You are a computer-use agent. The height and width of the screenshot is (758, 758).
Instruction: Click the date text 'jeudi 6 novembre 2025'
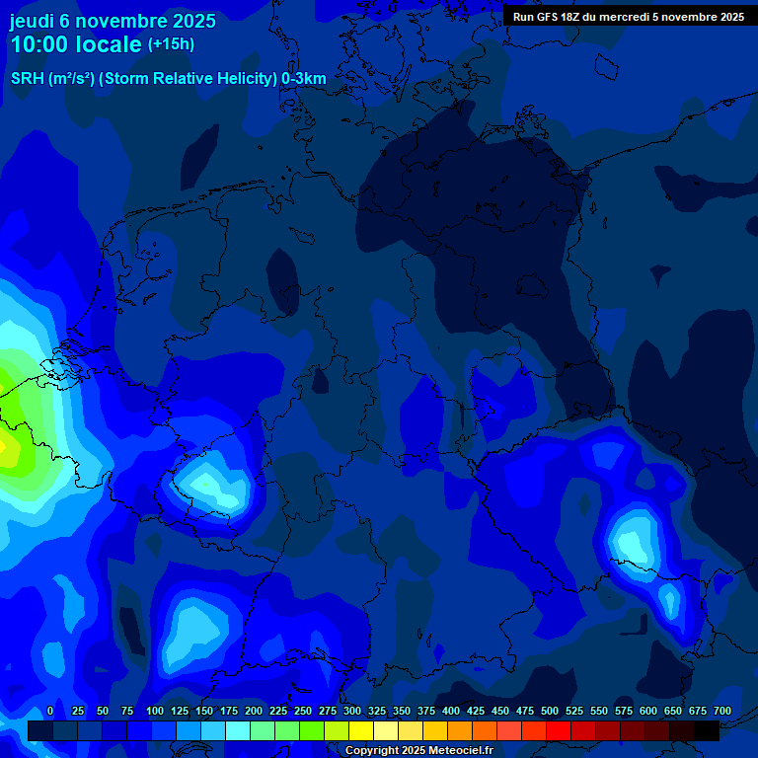tap(113, 21)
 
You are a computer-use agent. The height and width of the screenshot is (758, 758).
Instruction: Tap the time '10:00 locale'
tap(76, 44)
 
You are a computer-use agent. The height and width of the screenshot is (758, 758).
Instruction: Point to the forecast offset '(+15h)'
tap(171, 44)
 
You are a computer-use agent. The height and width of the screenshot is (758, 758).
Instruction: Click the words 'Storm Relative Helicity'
tap(189, 79)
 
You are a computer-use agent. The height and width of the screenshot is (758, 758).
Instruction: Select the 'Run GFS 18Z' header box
tap(629, 16)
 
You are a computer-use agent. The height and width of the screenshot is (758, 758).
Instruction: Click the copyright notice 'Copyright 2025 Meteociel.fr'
tap(418, 750)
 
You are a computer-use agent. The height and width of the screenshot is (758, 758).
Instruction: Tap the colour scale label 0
tap(50, 711)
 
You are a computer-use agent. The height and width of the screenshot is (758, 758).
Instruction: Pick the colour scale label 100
tap(155, 711)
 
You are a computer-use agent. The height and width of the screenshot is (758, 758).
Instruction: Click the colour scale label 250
tap(303, 711)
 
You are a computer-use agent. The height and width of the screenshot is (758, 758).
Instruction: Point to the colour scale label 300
tap(352, 711)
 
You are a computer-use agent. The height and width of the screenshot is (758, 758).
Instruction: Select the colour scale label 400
tap(451, 711)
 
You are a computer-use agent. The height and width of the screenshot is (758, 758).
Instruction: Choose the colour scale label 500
tap(550, 711)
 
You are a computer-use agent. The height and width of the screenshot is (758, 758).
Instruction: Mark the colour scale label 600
tap(648, 711)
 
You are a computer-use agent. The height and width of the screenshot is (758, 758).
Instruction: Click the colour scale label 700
tap(722, 711)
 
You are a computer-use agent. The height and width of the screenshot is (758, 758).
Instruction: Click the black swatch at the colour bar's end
tap(707, 730)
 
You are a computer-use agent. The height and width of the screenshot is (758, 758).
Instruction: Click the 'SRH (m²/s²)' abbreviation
tap(52, 79)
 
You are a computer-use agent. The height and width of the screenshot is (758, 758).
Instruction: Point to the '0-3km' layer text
tap(304, 79)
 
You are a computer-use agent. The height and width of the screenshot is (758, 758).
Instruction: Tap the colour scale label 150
tap(204, 711)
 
